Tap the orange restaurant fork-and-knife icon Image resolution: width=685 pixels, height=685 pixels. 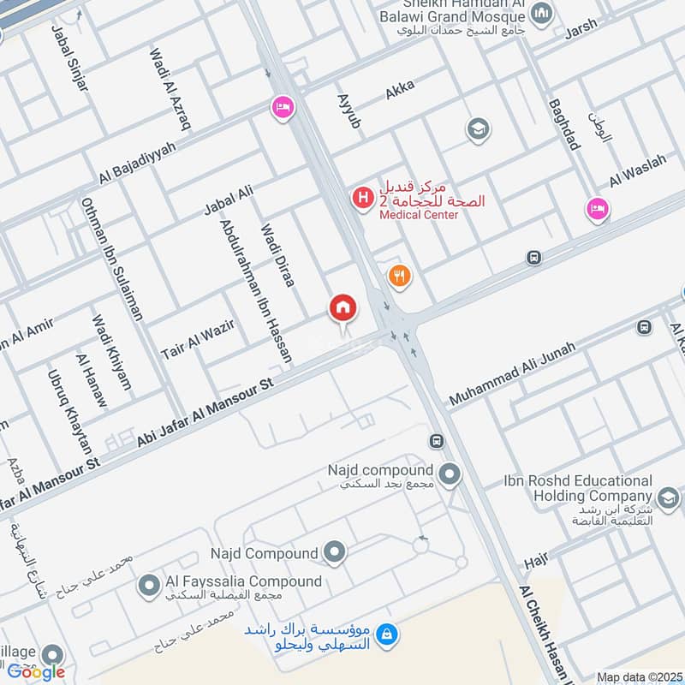[x=399, y=276]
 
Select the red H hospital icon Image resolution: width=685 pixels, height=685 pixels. [x=363, y=198]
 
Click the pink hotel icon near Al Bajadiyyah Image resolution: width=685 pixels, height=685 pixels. [x=282, y=108]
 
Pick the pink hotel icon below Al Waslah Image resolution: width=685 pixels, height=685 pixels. [x=598, y=208]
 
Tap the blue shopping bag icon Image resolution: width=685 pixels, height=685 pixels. [x=387, y=633]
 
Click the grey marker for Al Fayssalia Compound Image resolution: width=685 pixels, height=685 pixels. [x=149, y=586]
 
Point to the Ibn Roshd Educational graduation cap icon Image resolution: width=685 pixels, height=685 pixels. [x=668, y=498]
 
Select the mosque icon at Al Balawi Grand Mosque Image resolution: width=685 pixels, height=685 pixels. [x=540, y=13]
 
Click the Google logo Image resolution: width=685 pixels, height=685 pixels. [x=36, y=671]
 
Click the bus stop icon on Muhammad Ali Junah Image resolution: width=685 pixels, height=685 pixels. [x=644, y=327]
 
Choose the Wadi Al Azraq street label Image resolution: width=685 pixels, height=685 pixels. [x=170, y=89]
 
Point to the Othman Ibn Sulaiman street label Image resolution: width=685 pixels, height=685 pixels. [x=111, y=259]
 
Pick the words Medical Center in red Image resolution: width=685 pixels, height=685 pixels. [x=420, y=215]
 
